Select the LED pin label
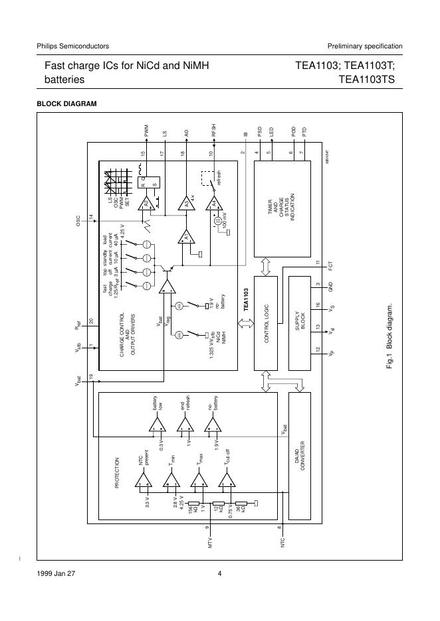tap(271, 131)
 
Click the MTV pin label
tap(209, 543)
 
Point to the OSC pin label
tap(78, 220)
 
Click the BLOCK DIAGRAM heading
tap(66, 103)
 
